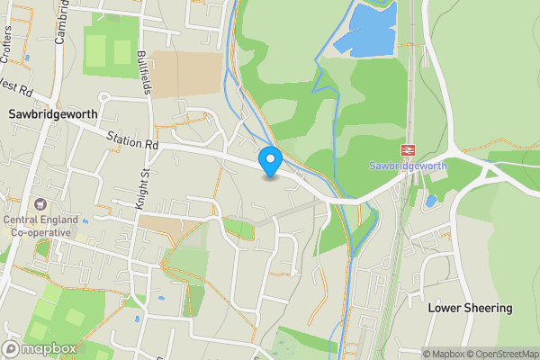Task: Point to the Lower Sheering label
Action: tap(470, 308)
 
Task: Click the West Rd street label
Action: tap(15, 90)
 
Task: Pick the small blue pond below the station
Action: tap(431, 201)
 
